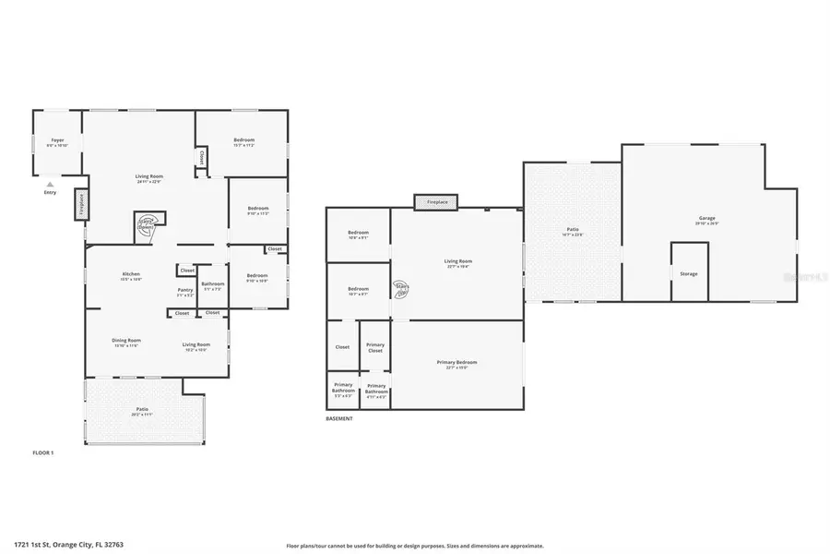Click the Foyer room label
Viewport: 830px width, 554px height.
(x=56, y=142)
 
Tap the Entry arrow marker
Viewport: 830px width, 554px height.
(x=50, y=185)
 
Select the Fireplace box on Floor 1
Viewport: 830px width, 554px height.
(x=80, y=203)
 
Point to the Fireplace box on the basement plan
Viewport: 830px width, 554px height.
(x=437, y=201)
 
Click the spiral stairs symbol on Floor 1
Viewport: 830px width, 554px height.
(x=148, y=224)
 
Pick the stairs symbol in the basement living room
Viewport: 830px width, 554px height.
(x=402, y=288)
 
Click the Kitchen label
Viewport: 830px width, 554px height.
(x=131, y=275)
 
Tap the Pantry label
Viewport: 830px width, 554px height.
(x=185, y=290)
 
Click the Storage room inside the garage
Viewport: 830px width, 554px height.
(x=688, y=273)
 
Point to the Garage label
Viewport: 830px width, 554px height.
(x=706, y=220)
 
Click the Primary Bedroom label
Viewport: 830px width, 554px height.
(x=456, y=362)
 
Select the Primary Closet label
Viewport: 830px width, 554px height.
(x=375, y=347)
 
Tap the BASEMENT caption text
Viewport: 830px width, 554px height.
(x=339, y=418)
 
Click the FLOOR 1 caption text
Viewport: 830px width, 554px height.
(x=44, y=452)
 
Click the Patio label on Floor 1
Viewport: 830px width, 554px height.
(x=142, y=409)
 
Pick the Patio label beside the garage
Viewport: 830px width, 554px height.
(x=572, y=231)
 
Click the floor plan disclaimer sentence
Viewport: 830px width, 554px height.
(x=415, y=546)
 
